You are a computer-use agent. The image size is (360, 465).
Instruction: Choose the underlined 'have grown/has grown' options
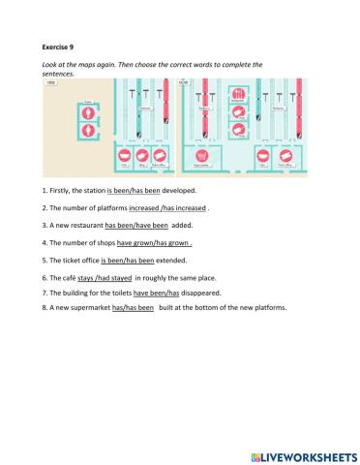pyautogui.click(x=154, y=243)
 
